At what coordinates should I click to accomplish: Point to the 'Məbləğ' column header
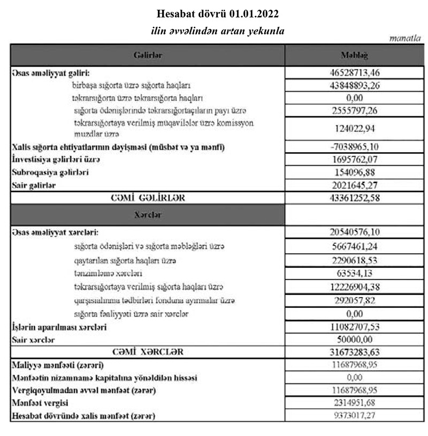(354, 56)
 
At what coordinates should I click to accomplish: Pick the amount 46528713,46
(354, 72)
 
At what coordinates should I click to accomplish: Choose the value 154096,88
(354, 173)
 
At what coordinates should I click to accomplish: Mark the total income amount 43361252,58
(354, 198)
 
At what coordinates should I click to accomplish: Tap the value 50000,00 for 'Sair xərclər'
(354, 339)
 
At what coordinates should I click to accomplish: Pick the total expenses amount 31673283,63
(354, 352)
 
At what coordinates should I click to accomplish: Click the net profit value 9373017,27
(354, 415)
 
